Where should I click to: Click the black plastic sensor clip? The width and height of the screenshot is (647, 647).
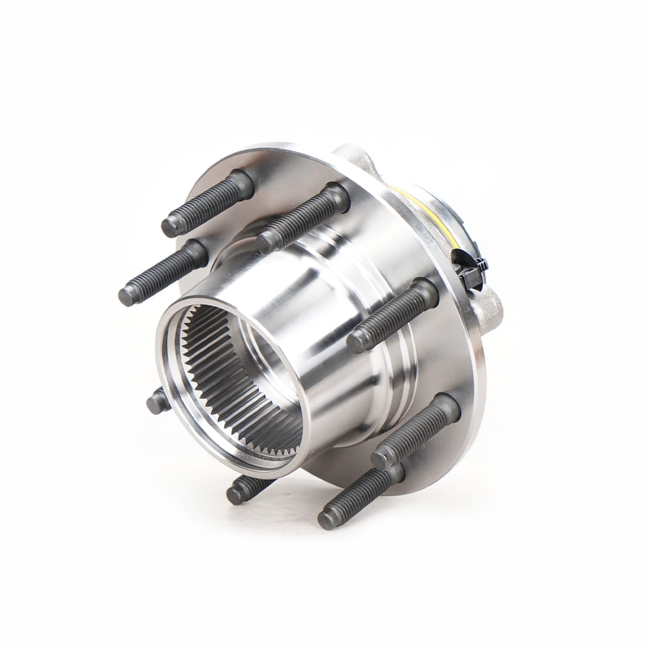pos(471,271)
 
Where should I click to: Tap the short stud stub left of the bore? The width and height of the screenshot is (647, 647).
pos(158,402)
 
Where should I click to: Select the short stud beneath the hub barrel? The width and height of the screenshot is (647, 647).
pos(246,489)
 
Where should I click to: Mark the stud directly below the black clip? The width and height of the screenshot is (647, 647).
pos(394,314)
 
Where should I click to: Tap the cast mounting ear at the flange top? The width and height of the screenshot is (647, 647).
pos(357,157)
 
